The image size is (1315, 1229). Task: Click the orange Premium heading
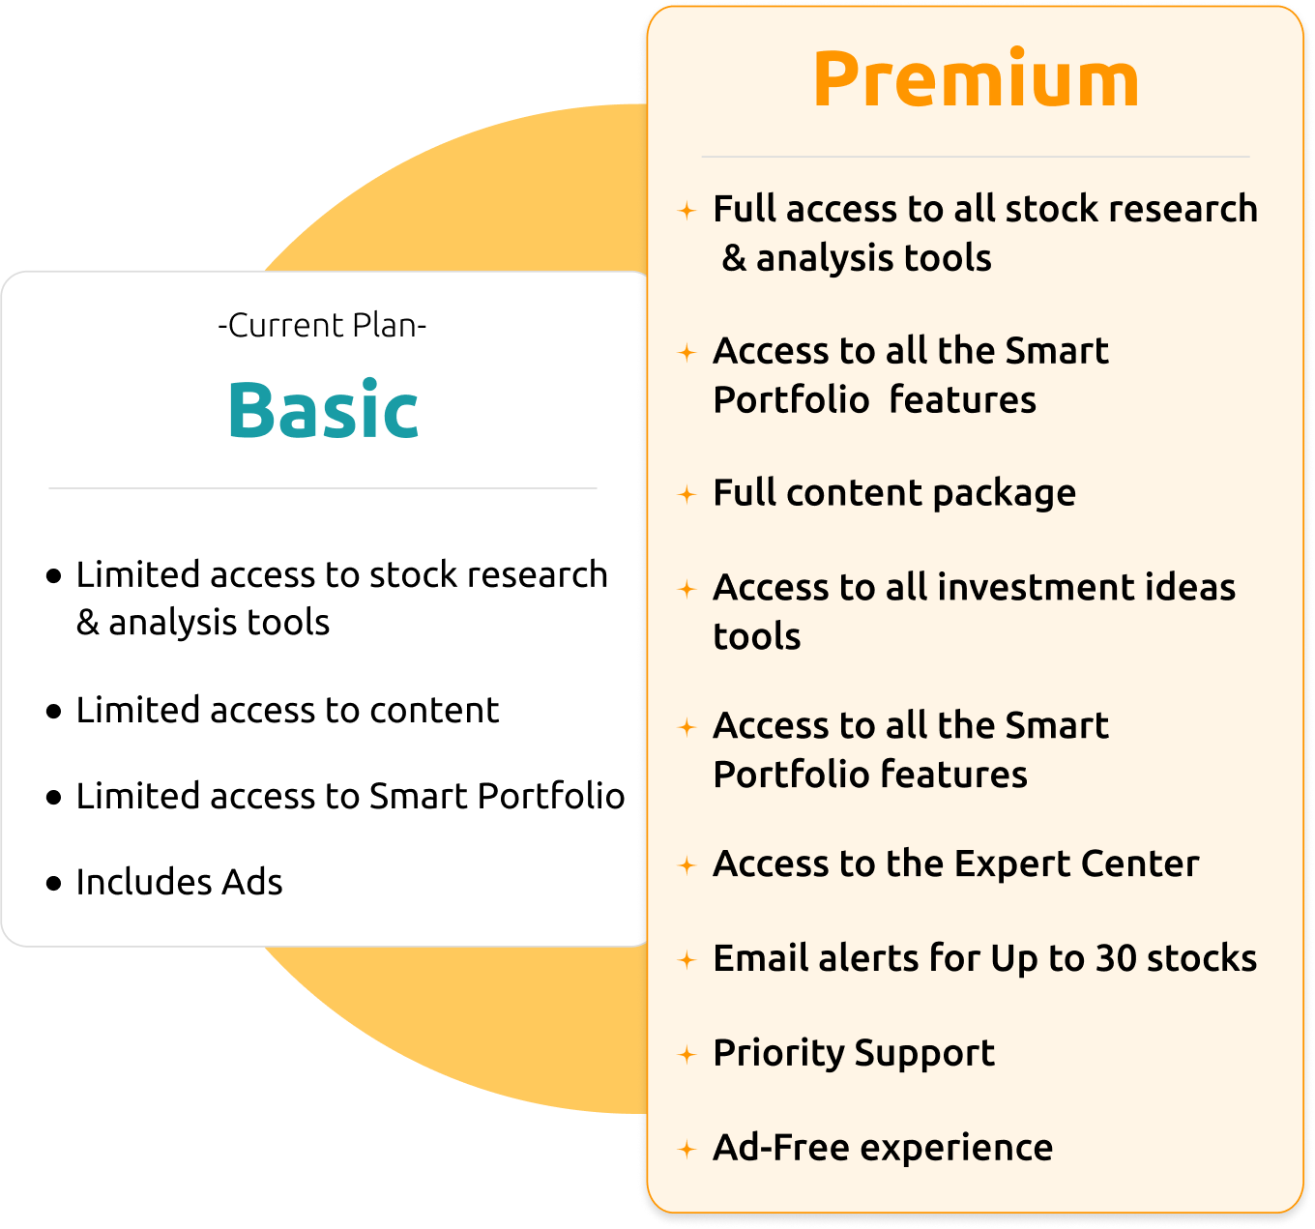tap(976, 78)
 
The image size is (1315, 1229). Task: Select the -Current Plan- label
tap(322, 325)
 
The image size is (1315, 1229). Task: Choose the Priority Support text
tap(854, 1054)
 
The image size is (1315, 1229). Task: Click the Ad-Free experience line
tap(883, 1148)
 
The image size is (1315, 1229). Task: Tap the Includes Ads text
tap(180, 882)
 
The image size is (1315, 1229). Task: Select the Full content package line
tap(893, 493)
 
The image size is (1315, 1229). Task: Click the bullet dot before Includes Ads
tap(53, 884)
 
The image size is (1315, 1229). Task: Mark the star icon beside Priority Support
tap(687, 1054)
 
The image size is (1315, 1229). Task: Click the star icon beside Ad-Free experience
tap(687, 1149)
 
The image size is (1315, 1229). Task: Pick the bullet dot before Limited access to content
tap(53, 712)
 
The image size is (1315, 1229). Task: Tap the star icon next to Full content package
tap(687, 494)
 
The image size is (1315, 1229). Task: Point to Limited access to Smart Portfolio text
tap(350, 796)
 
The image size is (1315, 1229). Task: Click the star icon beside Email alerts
tap(687, 959)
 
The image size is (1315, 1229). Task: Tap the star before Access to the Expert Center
tap(687, 864)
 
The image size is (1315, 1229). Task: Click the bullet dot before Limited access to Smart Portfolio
tap(53, 798)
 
